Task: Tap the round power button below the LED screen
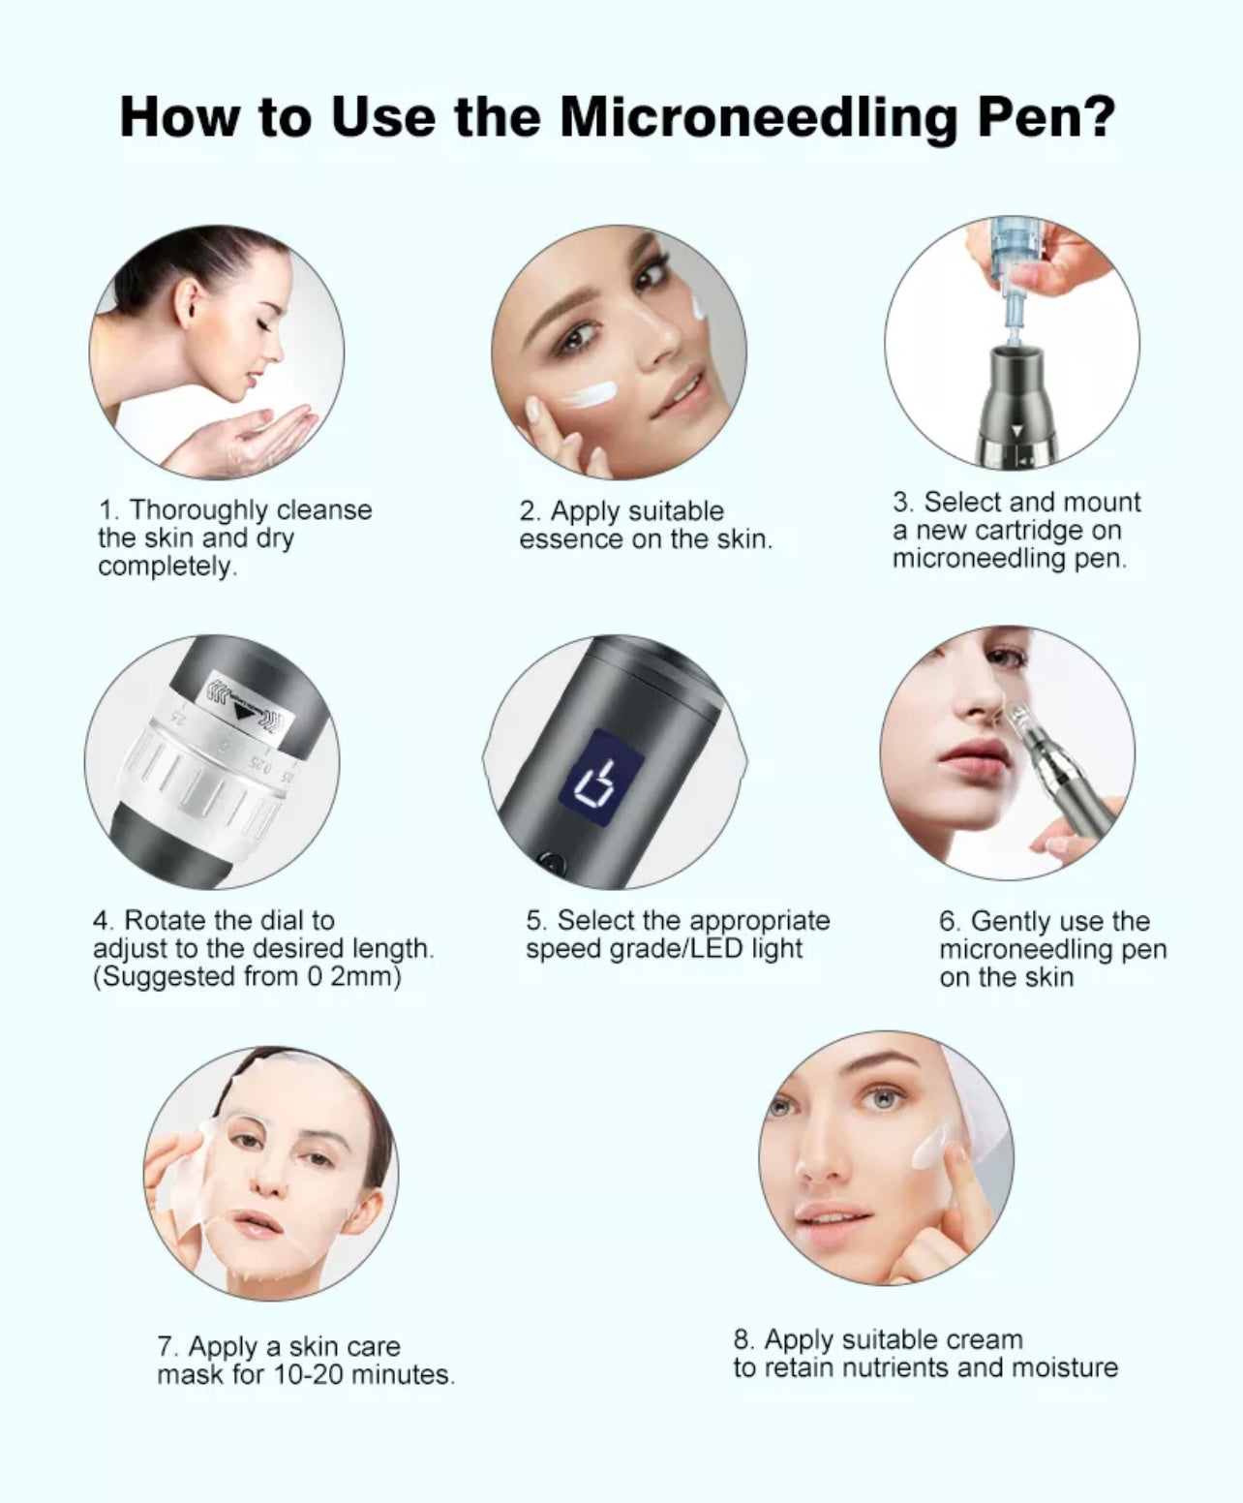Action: coord(552,861)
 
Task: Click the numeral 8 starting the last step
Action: coord(742,1340)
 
